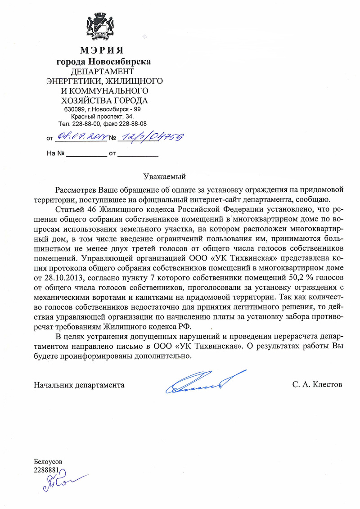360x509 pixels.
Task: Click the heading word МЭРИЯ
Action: (103, 50)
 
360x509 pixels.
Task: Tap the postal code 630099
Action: (74, 109)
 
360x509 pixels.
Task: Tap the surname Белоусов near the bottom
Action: (48, 462)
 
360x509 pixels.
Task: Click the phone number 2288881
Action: (47, 470)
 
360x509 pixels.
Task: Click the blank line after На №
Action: (86, 154)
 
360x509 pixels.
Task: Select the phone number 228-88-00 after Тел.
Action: (86, 123)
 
